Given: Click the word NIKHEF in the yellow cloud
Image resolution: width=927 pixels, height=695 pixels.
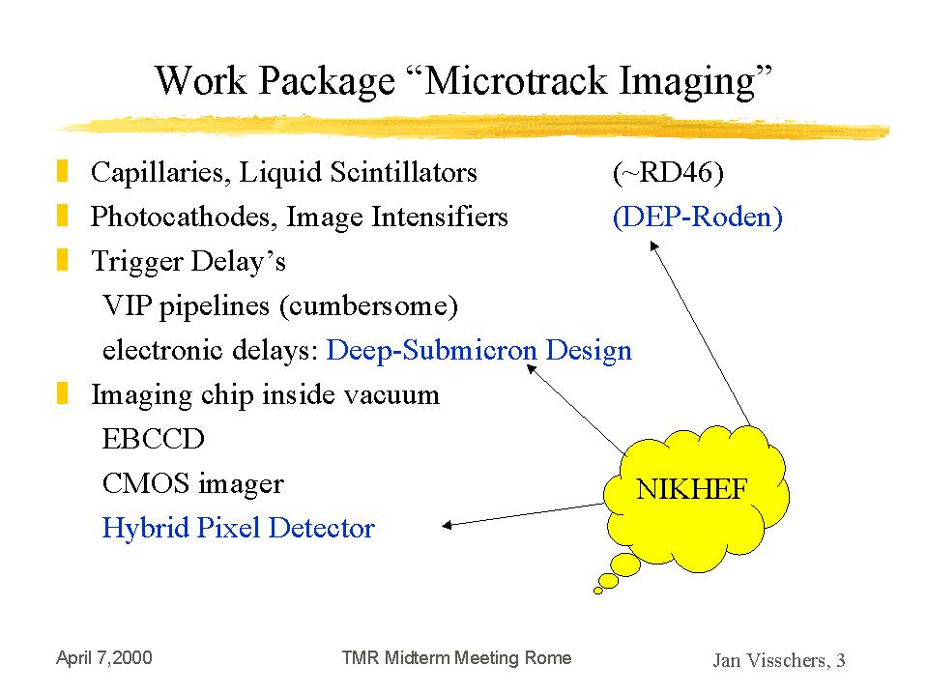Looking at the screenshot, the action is [691, 489].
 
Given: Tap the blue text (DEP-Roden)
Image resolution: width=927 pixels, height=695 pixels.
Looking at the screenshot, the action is [698, 217].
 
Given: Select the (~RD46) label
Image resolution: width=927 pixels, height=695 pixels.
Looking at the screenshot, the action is [668, 173].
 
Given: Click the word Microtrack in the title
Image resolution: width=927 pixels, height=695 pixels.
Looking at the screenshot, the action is [515, 80].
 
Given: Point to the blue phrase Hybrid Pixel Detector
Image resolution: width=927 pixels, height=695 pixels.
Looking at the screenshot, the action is [238, 528].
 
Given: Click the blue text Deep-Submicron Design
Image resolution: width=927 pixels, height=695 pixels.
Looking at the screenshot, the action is [478, 350].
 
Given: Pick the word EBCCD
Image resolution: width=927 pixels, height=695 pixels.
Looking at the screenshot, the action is [153, 439].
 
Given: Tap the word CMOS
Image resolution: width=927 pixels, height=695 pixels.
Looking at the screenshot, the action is [145, 483].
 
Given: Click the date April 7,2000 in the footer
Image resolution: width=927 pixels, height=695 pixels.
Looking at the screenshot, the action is [104, 657].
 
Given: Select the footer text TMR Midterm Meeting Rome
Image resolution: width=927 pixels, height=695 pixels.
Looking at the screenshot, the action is [456, 657].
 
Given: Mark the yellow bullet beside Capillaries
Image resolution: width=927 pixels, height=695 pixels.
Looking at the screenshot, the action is [62, 171].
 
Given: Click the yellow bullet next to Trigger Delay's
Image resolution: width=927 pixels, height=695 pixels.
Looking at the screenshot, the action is [62, 259].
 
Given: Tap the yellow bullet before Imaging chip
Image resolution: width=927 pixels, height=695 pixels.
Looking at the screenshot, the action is [62, 393].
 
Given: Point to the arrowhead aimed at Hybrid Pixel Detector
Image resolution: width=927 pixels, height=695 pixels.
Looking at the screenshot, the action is [447, 525].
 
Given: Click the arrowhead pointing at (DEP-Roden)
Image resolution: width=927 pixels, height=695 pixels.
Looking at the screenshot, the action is [653, 246].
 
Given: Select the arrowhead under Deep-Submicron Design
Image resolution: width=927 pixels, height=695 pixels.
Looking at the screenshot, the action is [531, 369].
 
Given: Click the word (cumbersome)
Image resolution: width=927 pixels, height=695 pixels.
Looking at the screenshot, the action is [369, 306].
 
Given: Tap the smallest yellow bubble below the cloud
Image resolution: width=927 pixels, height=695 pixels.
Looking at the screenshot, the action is [598, 591].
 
